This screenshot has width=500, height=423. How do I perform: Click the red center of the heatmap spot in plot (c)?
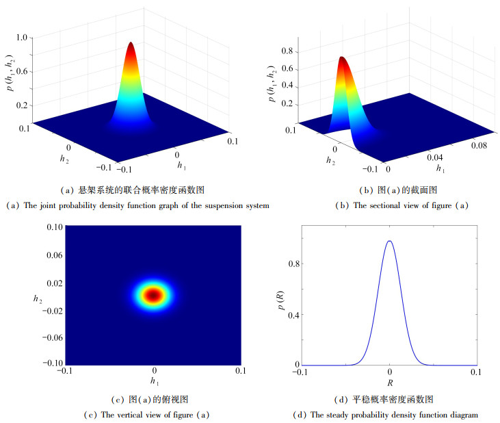(153, 295)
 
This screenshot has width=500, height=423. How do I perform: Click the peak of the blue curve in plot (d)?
(389, 241)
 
